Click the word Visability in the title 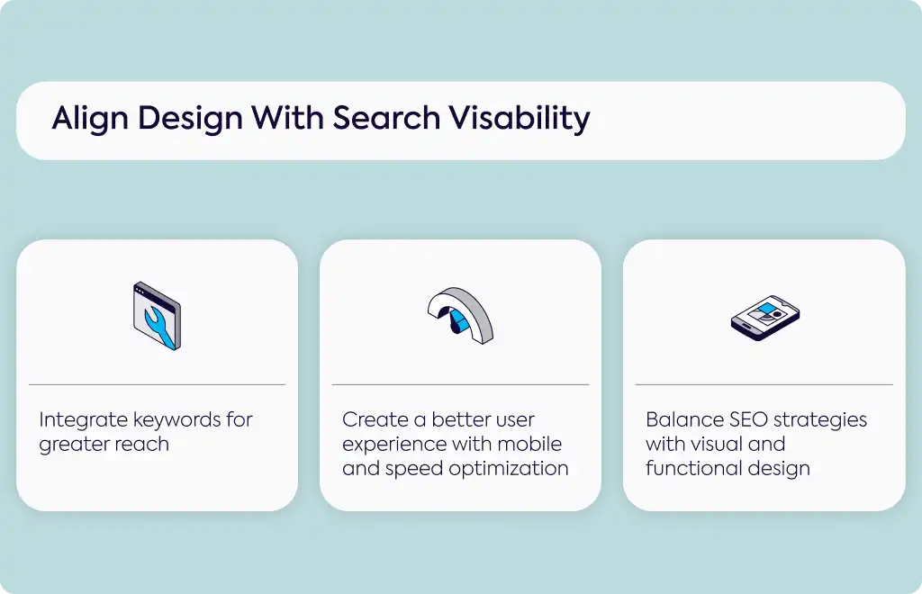tap(520, 118)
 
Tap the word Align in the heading tap(90, 118)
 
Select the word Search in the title tap(386, 118)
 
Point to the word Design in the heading tap(190, 118)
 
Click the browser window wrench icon tap(157, 316)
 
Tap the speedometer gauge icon tap(460, 315)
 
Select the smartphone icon tap(765, 318)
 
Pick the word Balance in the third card tap(684, 419)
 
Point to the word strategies tap(821, 420)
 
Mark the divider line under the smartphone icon tap(764, 385)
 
